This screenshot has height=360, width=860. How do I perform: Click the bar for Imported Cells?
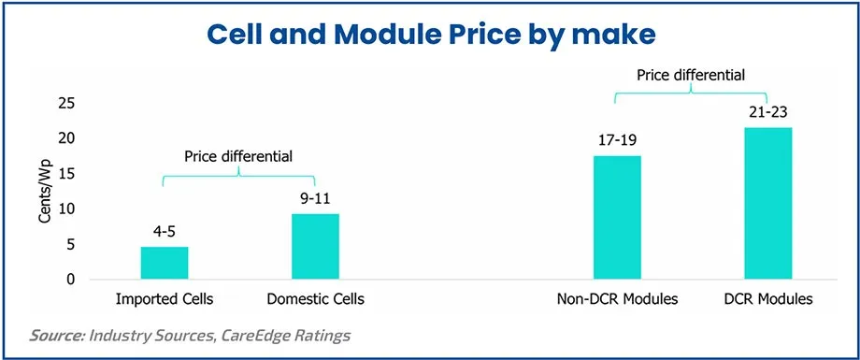[x=165, y=263]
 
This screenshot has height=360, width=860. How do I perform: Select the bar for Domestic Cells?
[x=315, y=247]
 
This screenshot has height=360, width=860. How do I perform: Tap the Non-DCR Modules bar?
[x=618, y=218]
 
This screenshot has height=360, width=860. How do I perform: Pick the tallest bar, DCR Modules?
[x=767, y=204]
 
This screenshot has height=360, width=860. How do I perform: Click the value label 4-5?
[x=165, y=231]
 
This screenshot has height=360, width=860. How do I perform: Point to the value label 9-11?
[x=315, y=198]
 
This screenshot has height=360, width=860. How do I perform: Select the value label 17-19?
[x=618, y=140]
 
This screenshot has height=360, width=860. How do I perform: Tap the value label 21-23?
[x=767, y=112]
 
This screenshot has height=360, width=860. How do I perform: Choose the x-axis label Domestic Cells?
[x=315, y=300]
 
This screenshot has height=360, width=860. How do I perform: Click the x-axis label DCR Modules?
[x=767, y=300]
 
